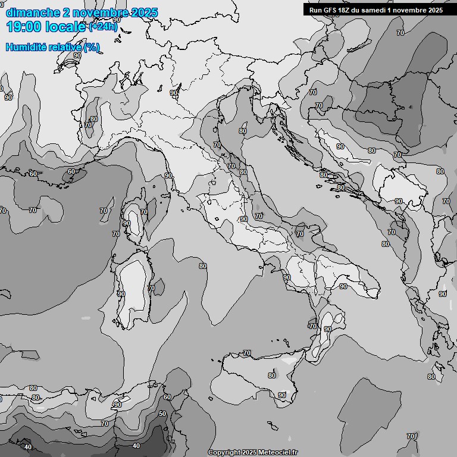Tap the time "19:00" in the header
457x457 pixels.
click(x=24, y=27)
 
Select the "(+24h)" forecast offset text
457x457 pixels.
click(x=103, y=27)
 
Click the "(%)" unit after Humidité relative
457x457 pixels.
click(x=92, y=47)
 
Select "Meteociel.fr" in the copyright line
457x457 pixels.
click(x=278, y=453)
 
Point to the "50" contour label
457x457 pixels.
click(x=162, y=414)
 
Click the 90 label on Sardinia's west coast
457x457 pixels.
click(x=121, y=293)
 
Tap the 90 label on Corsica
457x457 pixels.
click(x=127, y=224)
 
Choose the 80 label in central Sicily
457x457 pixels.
click(x=272, y=375)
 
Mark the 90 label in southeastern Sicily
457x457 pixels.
click(x=282, y=395)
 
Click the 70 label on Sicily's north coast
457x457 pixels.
click(x=246, y=353)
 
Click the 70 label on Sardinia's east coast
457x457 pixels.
click(x=151, y=288)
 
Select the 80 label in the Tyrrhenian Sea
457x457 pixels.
click(x=203, y=266)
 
